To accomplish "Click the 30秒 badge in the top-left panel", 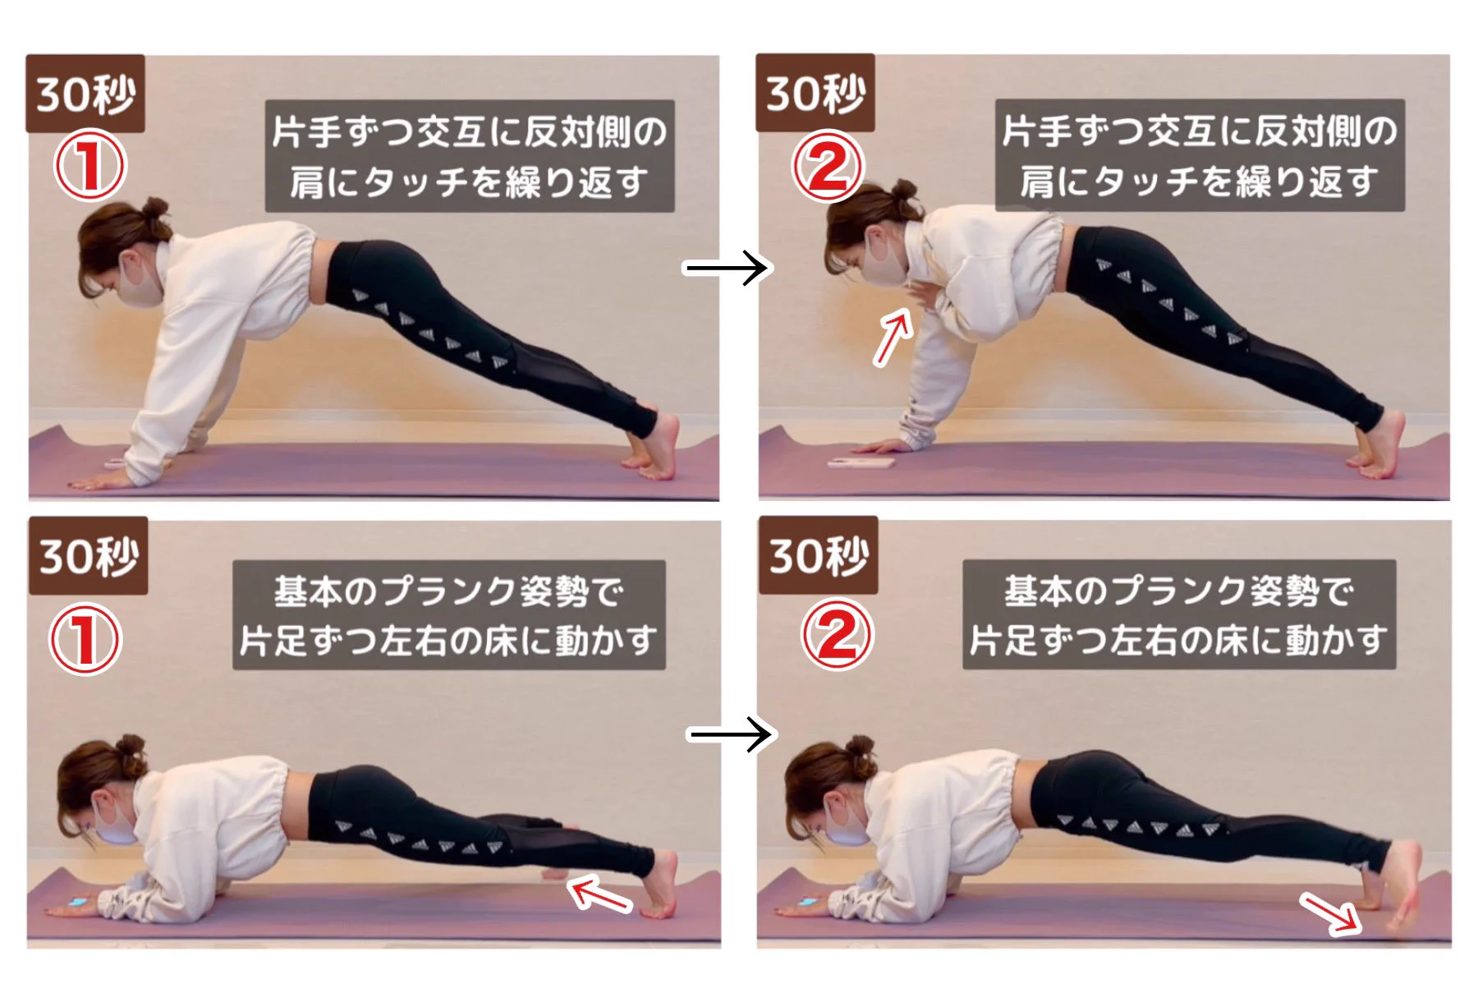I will click(x=85, y=94).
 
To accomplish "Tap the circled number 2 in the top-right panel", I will click(x=828, y=168).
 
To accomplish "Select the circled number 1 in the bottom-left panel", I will click(x=86, y=640).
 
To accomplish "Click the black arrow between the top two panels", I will click(x=726, y=268).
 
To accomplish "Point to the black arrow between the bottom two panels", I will click(x=730, y=733).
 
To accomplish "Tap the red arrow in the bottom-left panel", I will click(x=600, y=894).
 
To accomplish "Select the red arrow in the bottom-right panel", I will click(x=1330, y=913).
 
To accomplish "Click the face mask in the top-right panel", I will click(x=884, y=261).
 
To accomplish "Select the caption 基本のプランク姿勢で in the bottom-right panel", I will click(x=1179, y=591).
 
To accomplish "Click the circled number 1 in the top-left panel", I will click(x=90, y=166).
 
